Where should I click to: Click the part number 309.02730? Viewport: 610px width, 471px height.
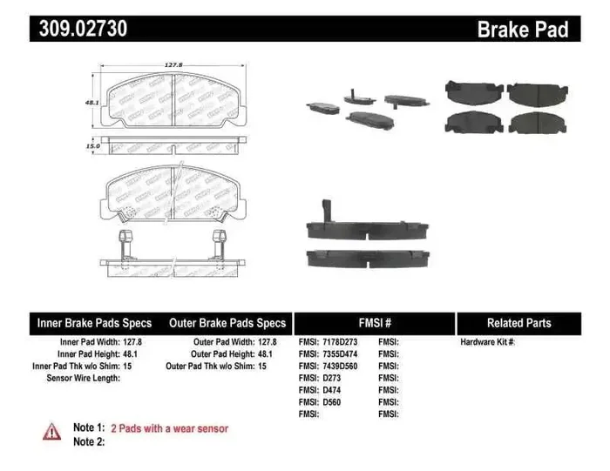point(83,29)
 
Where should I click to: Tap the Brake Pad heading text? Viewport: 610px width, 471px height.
point(522,30)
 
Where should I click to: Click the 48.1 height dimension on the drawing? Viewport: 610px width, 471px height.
point(89,101)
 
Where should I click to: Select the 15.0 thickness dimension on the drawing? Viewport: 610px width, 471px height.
point(92,146)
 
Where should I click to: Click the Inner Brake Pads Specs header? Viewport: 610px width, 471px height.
point(94,322)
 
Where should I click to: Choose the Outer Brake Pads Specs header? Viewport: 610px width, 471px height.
point(227,322)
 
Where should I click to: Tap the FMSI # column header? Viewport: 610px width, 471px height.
point(376,322)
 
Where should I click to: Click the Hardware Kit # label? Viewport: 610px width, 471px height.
point(488,342)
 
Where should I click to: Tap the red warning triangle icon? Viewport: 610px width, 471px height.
point(52,431)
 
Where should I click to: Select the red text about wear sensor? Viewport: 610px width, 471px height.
point(169,428)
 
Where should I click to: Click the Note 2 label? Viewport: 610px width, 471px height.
point(89,441)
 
